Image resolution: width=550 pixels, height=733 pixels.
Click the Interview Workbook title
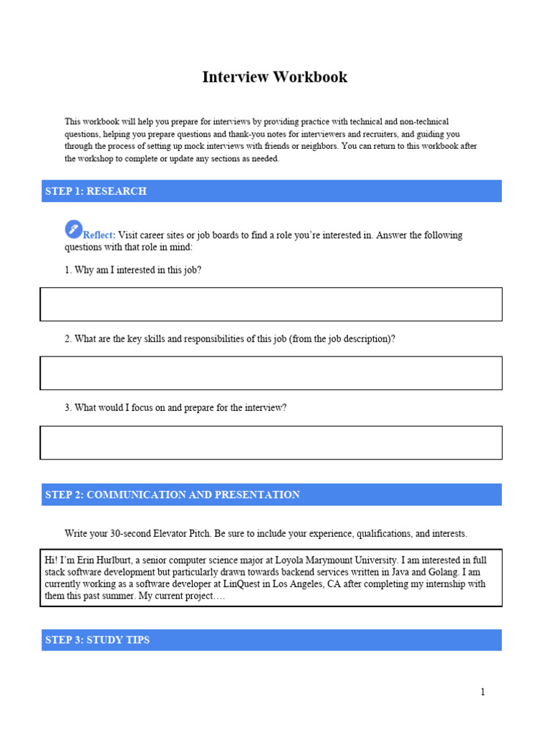click(x=274, y=77)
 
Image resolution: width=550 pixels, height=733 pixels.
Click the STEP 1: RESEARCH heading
click(x=96, y=191)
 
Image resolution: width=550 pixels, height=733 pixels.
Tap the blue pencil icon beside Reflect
click(x=73, y=229)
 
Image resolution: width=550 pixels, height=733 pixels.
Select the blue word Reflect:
click(x=100, y=236)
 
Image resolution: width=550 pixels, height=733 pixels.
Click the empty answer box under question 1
click(x=271, y=304)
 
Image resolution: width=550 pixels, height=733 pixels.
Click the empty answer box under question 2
click(x=271, y=373)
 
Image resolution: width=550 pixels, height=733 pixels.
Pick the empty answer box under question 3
click(x=271, y=442)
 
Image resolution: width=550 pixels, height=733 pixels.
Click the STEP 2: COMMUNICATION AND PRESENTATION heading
click(x=173, y=495)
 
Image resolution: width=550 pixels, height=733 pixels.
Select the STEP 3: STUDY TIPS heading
click(x=97, y=640)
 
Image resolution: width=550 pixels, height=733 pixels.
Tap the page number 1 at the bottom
click(x=483, y=692)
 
